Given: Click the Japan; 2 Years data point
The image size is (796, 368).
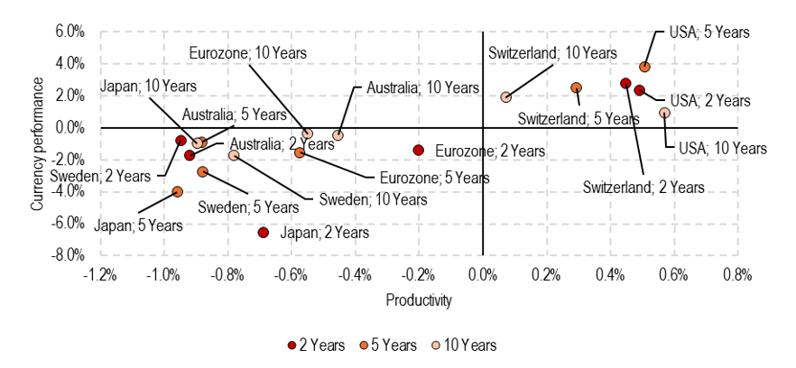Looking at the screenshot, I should pos(264,233).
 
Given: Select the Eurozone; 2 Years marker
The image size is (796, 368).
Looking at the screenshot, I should pos(418,150).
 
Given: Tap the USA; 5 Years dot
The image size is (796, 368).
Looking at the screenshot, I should pos(644,67).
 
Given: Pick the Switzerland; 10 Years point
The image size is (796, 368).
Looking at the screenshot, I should pos(505,97).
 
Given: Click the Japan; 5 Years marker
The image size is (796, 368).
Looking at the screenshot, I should pos(178,191).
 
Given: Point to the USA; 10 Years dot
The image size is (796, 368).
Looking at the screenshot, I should pos(664,113).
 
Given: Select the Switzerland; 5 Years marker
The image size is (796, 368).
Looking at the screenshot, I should pos(577,87).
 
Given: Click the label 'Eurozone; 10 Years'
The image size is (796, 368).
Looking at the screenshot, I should pos(247,52).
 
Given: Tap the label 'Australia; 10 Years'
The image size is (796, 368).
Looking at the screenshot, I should pos(421,87).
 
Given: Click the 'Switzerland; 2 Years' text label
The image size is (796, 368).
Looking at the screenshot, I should pos(643,188).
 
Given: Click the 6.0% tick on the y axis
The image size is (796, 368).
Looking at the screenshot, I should pos(69,32).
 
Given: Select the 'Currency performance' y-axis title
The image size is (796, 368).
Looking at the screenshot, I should pos(38,143).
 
